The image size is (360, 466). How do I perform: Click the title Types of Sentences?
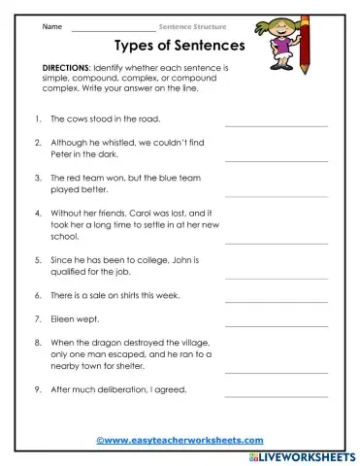click(180, 46)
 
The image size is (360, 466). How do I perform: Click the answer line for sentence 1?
click(277, 126)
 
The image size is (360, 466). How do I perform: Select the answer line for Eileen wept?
click(277, 325)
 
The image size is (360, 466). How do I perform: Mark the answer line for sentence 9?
click(277, 396)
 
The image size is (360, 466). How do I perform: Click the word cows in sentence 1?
click(76, 122)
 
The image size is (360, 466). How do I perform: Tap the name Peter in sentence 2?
click(62, 155)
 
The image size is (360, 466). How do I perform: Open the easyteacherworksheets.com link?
click(180, 440)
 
